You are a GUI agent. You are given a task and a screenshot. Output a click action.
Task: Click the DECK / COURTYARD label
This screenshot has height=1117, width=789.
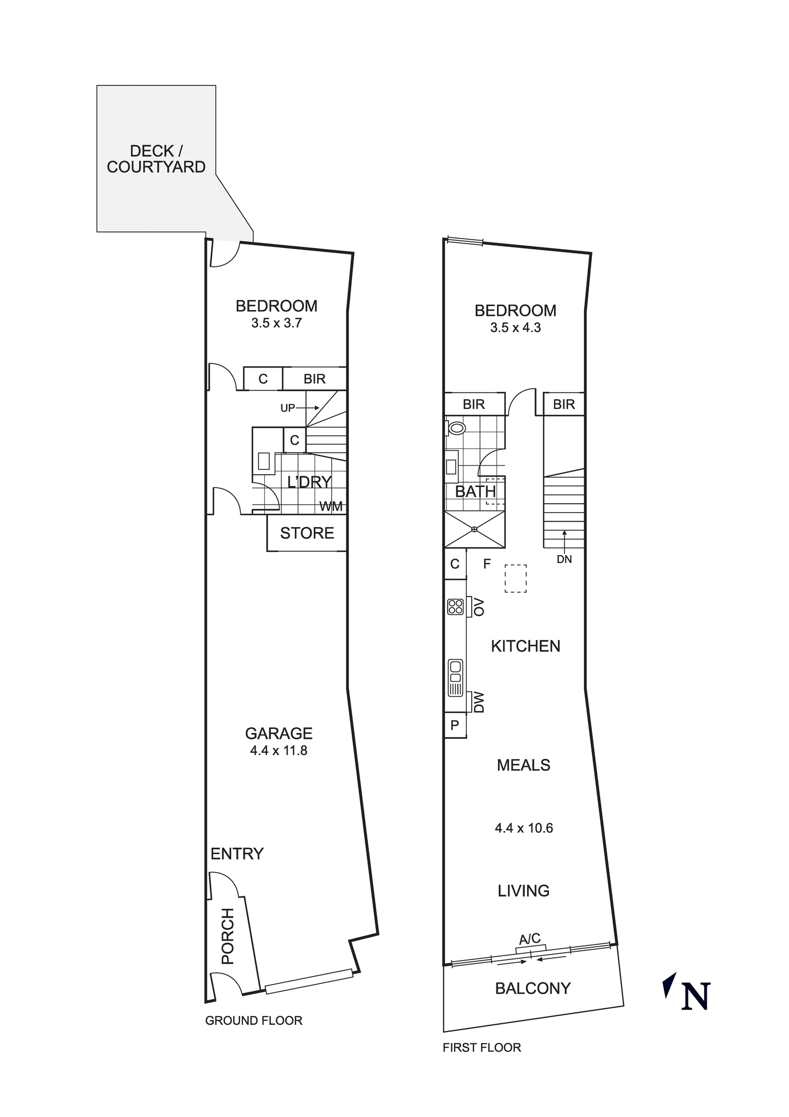tap(156, 159)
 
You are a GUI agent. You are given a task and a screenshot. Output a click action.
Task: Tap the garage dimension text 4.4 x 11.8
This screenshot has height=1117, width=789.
tap(279, 751)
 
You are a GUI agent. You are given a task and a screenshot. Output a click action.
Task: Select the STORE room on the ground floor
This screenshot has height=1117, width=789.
tap(307, 533)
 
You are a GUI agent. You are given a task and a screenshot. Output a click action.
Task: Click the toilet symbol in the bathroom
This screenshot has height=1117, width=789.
tap(457, 428)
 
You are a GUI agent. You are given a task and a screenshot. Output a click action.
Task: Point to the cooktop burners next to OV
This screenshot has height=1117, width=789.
tap(456, 607)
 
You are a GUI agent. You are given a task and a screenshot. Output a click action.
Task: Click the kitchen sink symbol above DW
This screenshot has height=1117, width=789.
tap(456, 678)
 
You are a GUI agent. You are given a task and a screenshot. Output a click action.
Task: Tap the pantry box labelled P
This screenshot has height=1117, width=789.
tap(455, 725)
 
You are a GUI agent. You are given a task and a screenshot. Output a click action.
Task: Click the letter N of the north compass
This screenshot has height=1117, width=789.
tap(696, 996)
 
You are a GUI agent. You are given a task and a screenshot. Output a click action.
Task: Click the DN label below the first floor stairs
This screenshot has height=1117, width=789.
tap(564, 559)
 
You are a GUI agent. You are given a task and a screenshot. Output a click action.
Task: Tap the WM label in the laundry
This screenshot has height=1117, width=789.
tap(331, 507)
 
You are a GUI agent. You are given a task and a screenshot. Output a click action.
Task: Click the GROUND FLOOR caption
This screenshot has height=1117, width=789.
tap(254, 1020)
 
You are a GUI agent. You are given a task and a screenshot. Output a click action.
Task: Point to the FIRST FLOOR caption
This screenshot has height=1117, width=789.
tap(482, 1048)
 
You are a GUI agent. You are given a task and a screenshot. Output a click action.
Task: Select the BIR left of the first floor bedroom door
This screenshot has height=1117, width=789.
tap(474, 404)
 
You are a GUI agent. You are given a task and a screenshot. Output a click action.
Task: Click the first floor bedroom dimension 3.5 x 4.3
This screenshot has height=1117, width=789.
tap(515, 328)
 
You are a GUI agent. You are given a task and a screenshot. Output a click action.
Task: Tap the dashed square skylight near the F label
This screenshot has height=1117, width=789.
tap(515, 578)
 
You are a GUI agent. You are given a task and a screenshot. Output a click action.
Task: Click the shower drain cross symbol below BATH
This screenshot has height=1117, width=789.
tap(474, 529)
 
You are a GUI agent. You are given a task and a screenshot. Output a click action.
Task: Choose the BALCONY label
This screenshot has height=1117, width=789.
tap(533, 989)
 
